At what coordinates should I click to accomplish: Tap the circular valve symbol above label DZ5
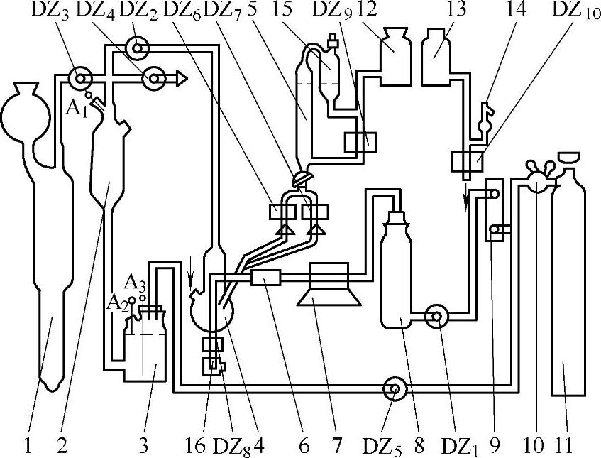[x=392, y=388]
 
